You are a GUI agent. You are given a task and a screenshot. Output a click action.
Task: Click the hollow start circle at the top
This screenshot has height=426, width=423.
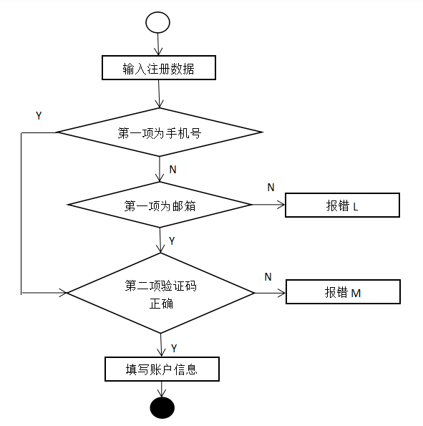pyautogui.click(x=157, y=22)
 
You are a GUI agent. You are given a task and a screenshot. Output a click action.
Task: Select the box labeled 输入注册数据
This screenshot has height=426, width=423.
pyautogui.click(x=158, y=69)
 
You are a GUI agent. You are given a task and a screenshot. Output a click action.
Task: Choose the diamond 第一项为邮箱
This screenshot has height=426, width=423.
pyautogui.click(x=160, y=205)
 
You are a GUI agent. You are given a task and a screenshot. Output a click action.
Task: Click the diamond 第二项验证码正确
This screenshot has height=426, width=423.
pyautogui.click(x=160, y=293)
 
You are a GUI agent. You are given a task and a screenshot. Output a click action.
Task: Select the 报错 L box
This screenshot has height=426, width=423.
pyautogui.click(x=341, y=205)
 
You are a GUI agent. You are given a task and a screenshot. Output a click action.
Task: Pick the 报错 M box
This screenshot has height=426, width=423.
pyautogui.click(x=342, y=292)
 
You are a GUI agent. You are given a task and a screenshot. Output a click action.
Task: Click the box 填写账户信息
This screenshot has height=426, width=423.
pyautogui.click(x=161, y=369)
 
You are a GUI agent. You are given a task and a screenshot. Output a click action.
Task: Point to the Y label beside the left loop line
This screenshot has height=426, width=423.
pyautogui.click(x=39, y=116)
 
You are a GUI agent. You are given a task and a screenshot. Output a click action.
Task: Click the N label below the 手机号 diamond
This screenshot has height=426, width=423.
pyautogui.click(x=172, y=169)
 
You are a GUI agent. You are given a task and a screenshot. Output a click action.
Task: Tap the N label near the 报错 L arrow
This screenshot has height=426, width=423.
pyautogui.click(x=271, y=188)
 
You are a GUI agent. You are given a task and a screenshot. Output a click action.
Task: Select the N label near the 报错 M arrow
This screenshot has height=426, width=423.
pyautogui.click(x=268, y=276)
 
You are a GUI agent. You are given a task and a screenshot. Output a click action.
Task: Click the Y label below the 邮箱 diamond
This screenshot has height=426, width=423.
pyautogui.click(x=172, y=241)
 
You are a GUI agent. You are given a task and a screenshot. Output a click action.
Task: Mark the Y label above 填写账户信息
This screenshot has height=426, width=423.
pyautogui.click(x=174, y=348)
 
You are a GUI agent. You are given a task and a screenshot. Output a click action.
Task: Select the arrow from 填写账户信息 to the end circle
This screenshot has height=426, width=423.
pyautogui.click(x=161, y=389)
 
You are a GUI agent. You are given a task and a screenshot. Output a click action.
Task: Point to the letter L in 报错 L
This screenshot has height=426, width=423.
pyautogui.click(x=356, y=206)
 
